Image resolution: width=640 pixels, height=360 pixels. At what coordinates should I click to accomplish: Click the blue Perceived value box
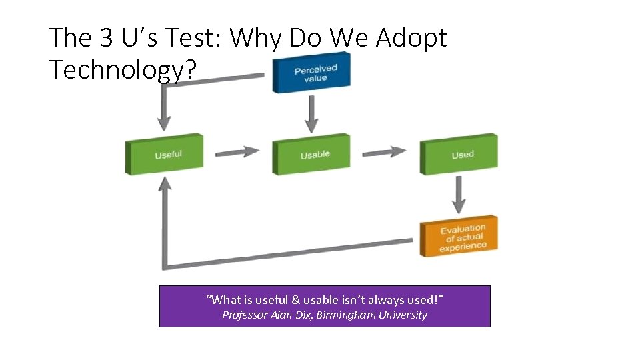pos(311,73)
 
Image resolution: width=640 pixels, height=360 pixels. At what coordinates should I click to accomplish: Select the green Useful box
pos(165,155)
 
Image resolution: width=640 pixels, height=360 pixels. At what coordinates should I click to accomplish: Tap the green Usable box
pos(311,155)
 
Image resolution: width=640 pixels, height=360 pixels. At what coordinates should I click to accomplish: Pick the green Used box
pos(459,155)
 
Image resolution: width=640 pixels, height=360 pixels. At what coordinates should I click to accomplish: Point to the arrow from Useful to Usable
pos(237,152)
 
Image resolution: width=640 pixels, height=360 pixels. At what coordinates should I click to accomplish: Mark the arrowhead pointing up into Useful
pos(164,184)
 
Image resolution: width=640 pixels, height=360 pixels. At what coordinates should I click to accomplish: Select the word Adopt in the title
pos(411,38)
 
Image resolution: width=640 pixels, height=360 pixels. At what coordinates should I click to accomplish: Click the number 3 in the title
pos(107,38)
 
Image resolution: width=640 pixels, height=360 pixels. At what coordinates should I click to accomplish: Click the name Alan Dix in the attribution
pos(292,315)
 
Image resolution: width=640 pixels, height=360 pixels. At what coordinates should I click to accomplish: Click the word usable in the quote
pos(319,300)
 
